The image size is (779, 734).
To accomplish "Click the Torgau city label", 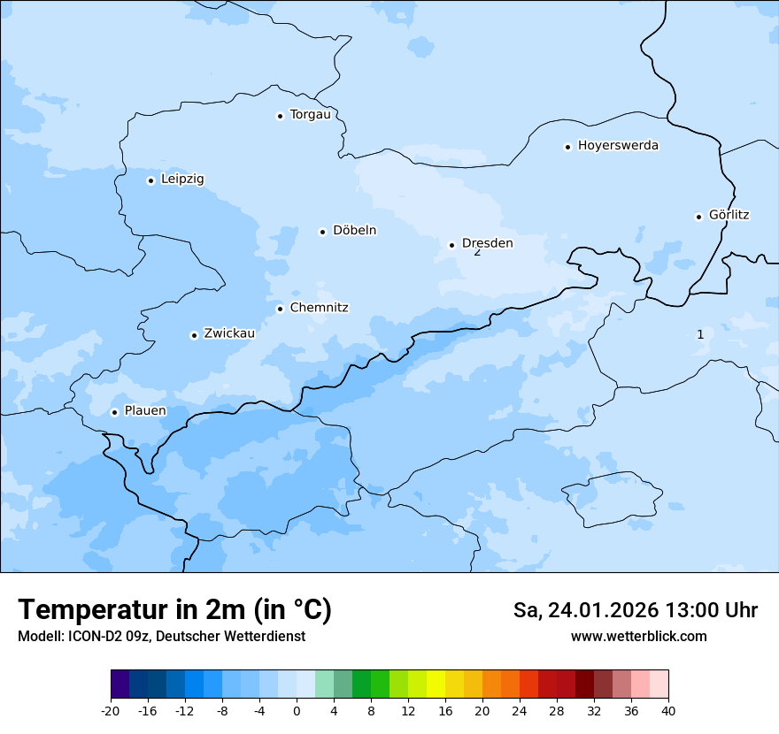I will click(x=310, y=115).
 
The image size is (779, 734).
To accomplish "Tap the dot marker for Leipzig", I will click(x=150, y=180).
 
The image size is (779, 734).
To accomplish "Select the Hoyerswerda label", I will click(x=618, y=146).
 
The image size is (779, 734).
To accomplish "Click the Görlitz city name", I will click(x=729, y=215).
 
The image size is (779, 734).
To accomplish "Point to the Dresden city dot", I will click(x=451, y=245).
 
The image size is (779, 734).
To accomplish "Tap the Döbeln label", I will click(x=354, y=231).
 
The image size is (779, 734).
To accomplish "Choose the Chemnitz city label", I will click(x=319, y=308).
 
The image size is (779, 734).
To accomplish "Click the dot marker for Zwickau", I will click(x=194, y=335).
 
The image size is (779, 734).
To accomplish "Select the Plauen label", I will click(x=144, y=411).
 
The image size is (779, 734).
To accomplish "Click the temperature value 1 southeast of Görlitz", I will click(x=700, y=334).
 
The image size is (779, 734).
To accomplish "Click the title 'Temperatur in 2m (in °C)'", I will click(x=174, y=610).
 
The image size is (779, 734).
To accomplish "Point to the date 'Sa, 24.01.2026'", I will click(x=585, y=610).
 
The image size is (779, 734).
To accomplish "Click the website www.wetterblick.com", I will click(x=638, y=637).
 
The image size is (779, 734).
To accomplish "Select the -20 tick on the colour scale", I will click(x=111, y=711).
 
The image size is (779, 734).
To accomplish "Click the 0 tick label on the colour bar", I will click(x=297, y=711).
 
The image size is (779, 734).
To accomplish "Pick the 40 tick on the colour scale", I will click(x=668, y=711).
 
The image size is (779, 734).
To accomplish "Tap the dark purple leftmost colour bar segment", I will click(x=120, y=684).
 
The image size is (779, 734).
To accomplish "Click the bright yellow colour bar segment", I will click(x=436, y=684).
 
